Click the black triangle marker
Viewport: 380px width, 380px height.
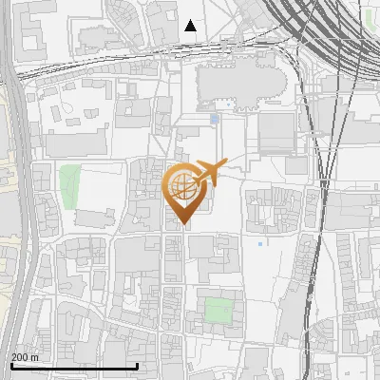tap(191, 26)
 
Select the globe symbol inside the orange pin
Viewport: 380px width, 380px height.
tap(181, 189)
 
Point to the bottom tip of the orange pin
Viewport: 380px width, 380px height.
tap(181, 224)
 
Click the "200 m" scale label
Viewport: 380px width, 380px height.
tap(26, 357)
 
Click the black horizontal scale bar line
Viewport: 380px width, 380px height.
tap(74, 366)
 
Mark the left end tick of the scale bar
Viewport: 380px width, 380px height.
tap(10, 365)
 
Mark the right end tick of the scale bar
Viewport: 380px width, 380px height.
tap(138, 365)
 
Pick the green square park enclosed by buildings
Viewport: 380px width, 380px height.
tap(219, 311)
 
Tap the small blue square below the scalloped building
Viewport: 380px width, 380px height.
tap(215, 120)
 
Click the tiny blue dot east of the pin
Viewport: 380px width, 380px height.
tap(259, 243)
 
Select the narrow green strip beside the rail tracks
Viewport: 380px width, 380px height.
tap(370, 18)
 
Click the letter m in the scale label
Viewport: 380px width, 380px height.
tap(35, 357)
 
